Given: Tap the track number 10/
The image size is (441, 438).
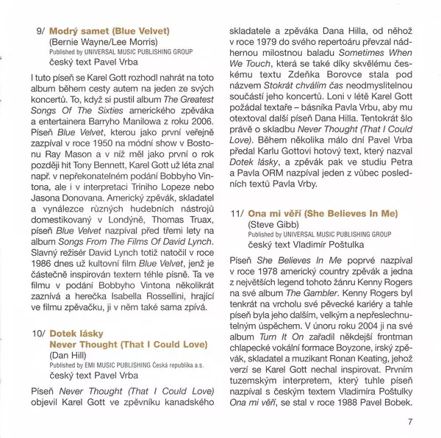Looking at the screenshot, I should point(37,334).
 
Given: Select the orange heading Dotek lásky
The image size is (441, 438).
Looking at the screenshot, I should point(76,334).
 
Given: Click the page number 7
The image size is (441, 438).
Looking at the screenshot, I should point(410,421).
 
